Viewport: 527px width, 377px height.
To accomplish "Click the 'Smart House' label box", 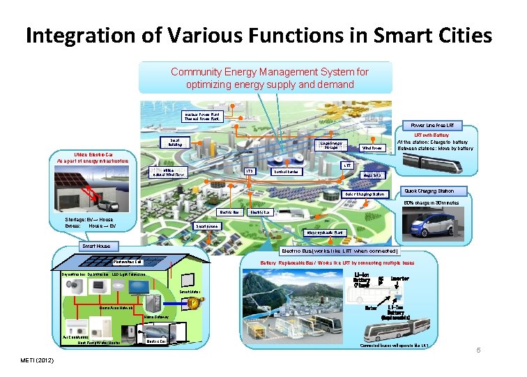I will (x=100, y=246).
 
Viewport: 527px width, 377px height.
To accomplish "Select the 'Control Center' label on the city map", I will (x=286, y=171).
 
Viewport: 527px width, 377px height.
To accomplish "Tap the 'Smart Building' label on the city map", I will (x=175, y=142).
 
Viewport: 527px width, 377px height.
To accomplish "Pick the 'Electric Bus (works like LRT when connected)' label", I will (x=339, y=251).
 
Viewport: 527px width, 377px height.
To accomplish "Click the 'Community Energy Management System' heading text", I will (x=270, y=71).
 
